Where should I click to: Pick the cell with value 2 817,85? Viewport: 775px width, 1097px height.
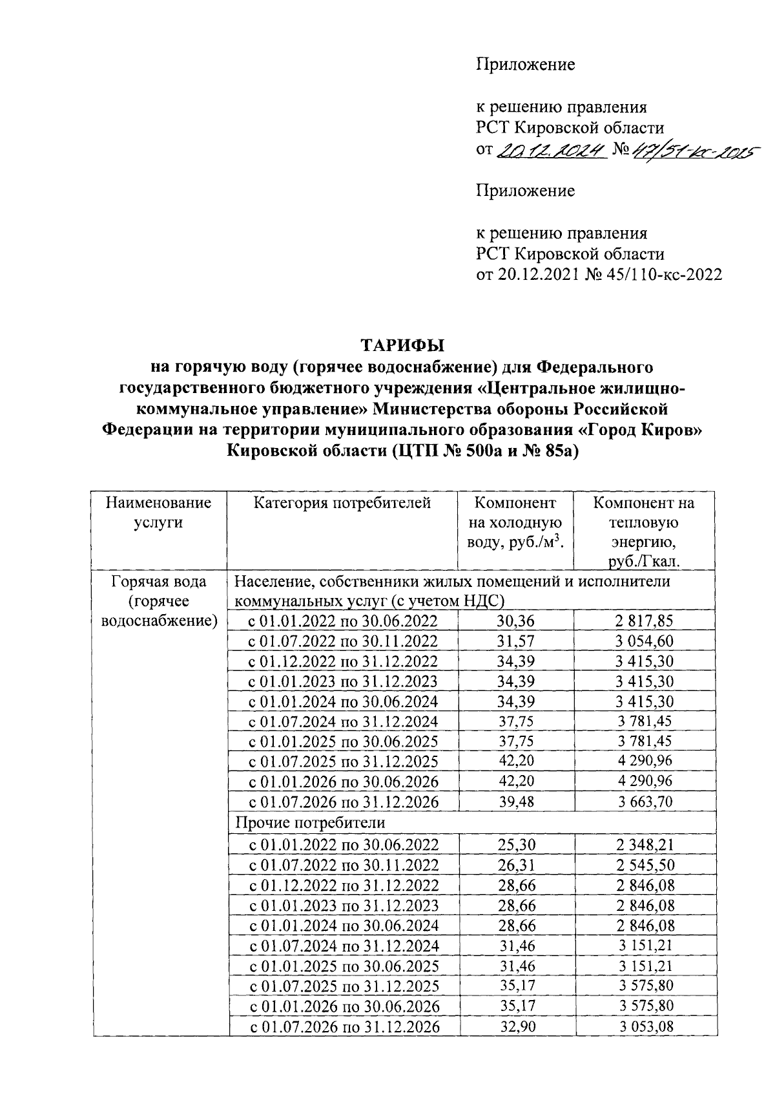pyautogui.click(x=644, y=621)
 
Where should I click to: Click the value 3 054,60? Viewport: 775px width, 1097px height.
pyautogui.click(x=644, y=641)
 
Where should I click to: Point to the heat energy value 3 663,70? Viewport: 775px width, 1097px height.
pyautogui.click(x=644, y=802)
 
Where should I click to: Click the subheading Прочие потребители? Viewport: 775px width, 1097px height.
pyautogui.click(x=310, y=823)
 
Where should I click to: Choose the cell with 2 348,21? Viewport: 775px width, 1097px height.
pyautogui.click(x=645, y=844)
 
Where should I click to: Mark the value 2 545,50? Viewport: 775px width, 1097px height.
pyautogui.click(x=645, y=864)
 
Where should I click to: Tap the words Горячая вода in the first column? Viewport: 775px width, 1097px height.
pyautogui.click(x=159, y=581)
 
